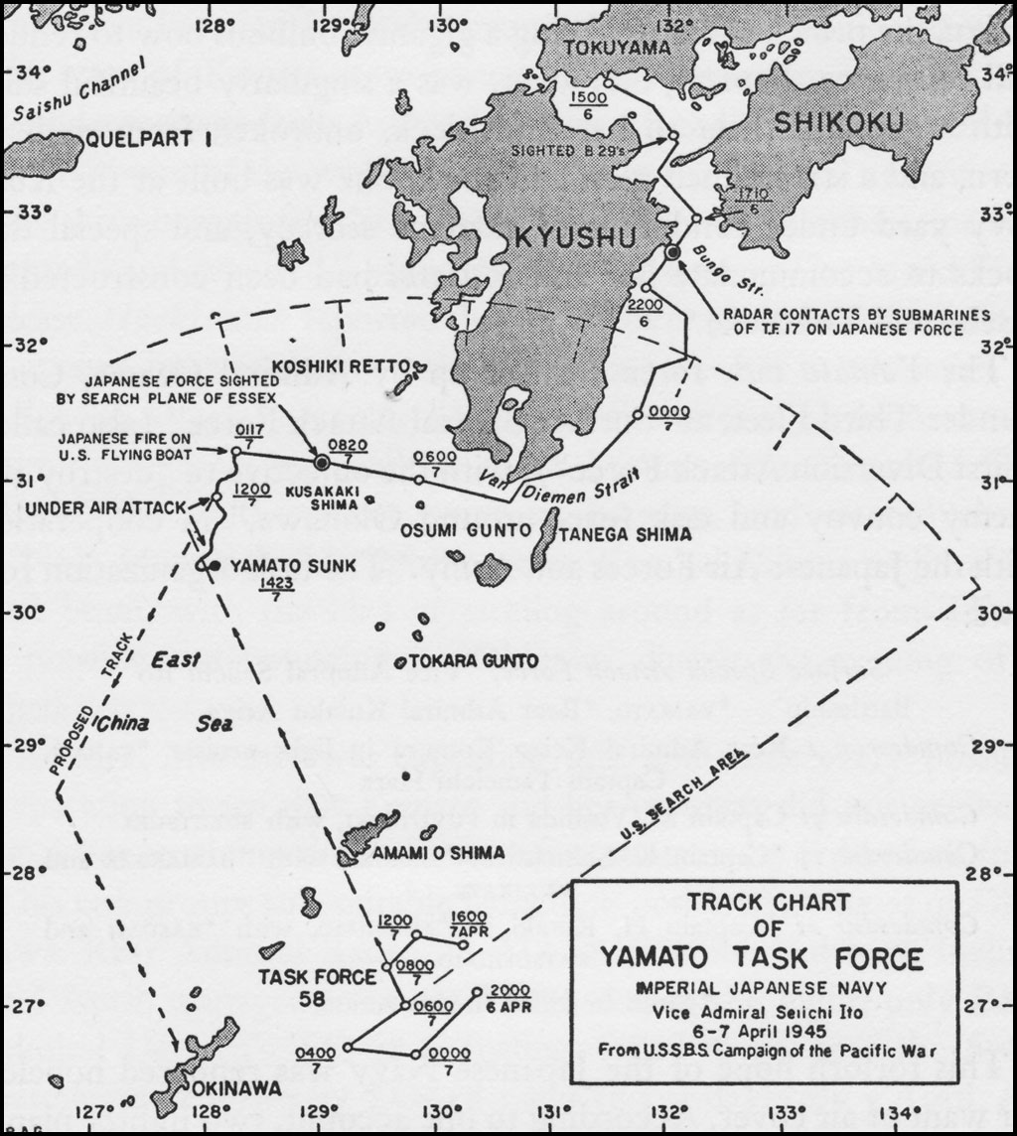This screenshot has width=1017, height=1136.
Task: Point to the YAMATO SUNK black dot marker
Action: coord(212,566)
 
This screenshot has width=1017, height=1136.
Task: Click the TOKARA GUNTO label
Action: coord(470,661)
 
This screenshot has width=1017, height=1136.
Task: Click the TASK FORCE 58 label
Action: coord(304,986)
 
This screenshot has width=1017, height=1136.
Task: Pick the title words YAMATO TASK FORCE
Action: coord(761,959)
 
